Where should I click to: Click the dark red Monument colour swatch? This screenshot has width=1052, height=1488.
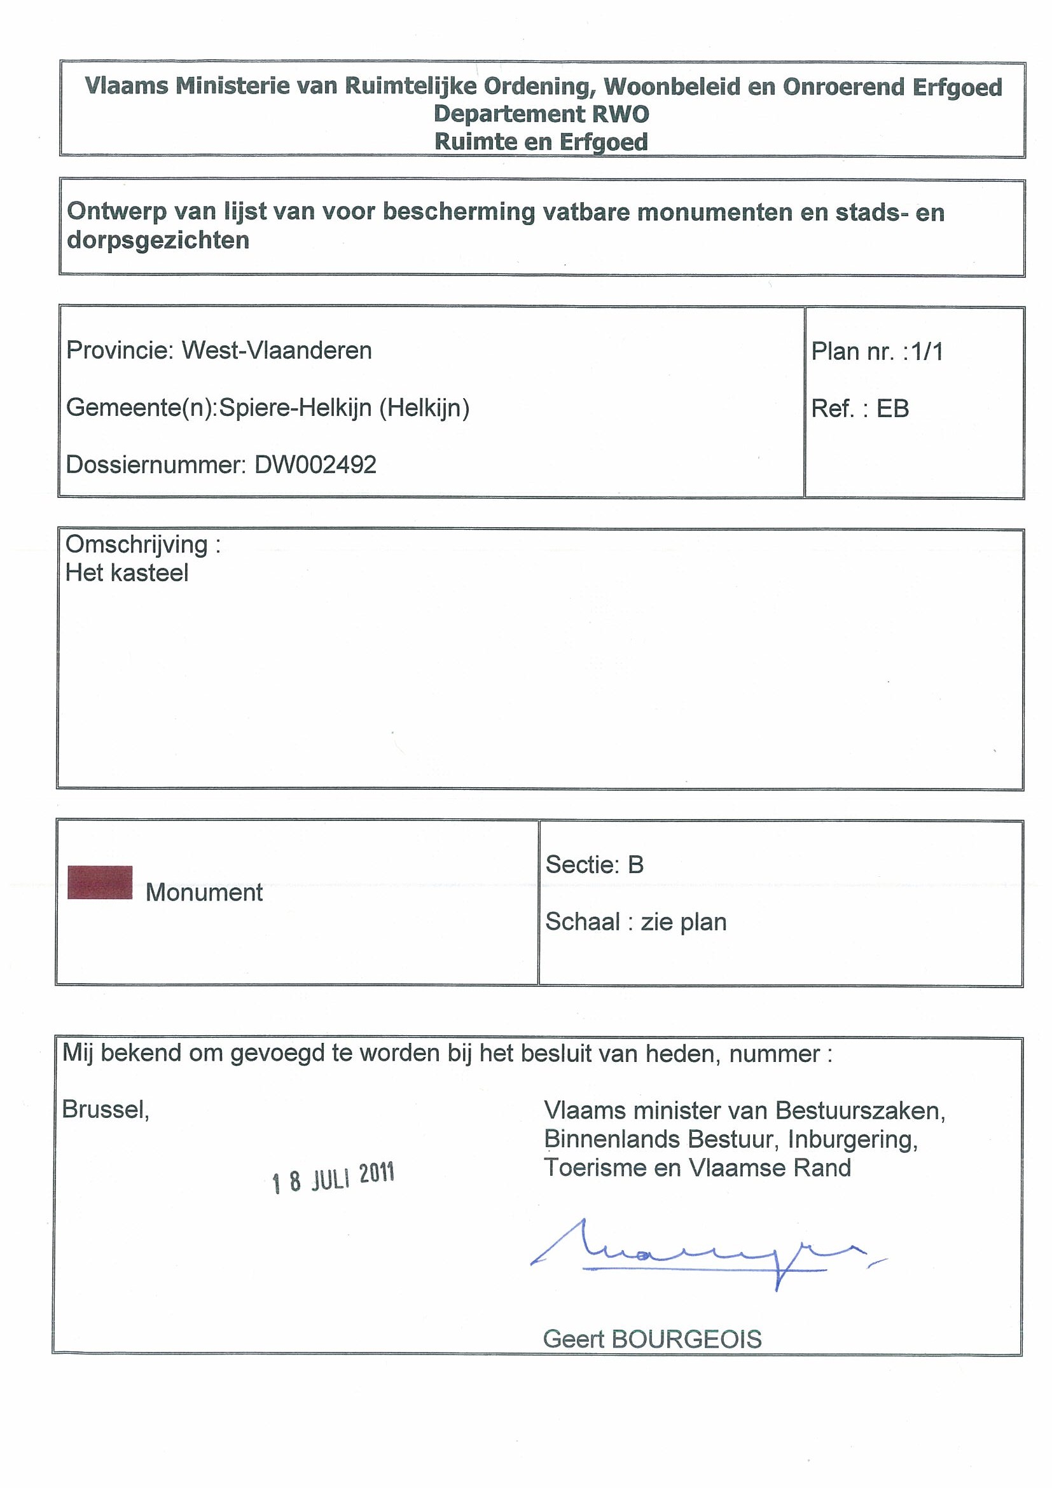click(x=100, y=882)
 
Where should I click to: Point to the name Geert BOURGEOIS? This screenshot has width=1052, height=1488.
click(x=652, y=1339)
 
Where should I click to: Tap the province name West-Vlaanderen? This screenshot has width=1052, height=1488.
click(x=276, y=350)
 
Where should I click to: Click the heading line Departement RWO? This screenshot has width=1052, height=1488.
click(x=541, y=114)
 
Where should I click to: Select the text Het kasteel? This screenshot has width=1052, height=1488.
click(x=127, y=573)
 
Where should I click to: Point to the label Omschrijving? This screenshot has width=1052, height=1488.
click(x=137, y=544)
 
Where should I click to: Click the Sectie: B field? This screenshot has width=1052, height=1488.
click(x=595, y=865)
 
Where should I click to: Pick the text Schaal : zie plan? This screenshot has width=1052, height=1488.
click(x=635, y=921)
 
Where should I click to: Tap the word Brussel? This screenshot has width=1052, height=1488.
click(x=106, y=1110)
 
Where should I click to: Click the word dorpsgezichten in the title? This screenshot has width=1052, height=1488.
click(x=158, y=240)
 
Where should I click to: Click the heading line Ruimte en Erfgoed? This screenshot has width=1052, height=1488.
click(x=541, y=142)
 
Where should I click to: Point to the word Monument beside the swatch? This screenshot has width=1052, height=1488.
click(x=204, y=892)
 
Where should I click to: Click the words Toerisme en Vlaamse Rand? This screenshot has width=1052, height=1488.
click(x=697, y=1168)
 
